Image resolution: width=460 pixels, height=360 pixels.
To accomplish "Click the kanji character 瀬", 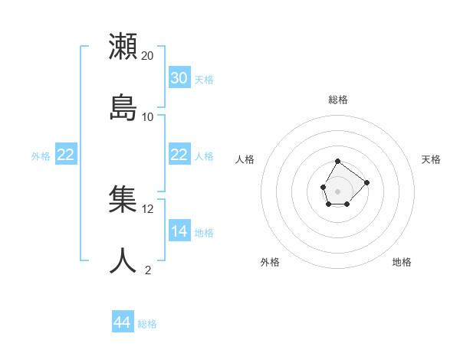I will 123,46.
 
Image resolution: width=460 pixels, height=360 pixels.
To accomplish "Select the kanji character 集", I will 123,198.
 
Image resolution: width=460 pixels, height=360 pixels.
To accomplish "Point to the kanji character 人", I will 123,260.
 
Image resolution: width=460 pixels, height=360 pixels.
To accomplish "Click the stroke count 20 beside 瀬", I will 148,56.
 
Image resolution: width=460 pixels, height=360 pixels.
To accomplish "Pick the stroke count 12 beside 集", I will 148,208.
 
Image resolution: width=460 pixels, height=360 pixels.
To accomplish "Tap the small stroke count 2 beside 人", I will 148,270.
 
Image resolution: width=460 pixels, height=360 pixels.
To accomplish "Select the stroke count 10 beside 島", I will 148,116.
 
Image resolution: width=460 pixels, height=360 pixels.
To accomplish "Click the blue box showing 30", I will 179,78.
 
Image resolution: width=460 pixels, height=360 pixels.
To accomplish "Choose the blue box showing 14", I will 179,231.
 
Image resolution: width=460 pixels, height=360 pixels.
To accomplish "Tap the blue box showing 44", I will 122,322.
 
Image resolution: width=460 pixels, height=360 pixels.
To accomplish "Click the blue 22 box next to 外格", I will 65,155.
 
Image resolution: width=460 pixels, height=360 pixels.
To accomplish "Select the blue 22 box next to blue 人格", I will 179,155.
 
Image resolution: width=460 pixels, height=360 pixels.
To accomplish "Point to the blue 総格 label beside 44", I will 147,324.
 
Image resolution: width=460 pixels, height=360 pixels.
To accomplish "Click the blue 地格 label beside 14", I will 204,233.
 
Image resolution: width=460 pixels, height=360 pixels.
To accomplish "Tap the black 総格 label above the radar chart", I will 338,100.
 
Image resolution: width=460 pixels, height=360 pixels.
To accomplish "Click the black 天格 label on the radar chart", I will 431,159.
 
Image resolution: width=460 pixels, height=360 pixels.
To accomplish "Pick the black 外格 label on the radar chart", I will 270,262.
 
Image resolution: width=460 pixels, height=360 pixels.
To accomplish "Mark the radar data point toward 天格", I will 366,182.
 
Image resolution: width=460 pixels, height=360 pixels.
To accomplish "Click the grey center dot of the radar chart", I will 337,190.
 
